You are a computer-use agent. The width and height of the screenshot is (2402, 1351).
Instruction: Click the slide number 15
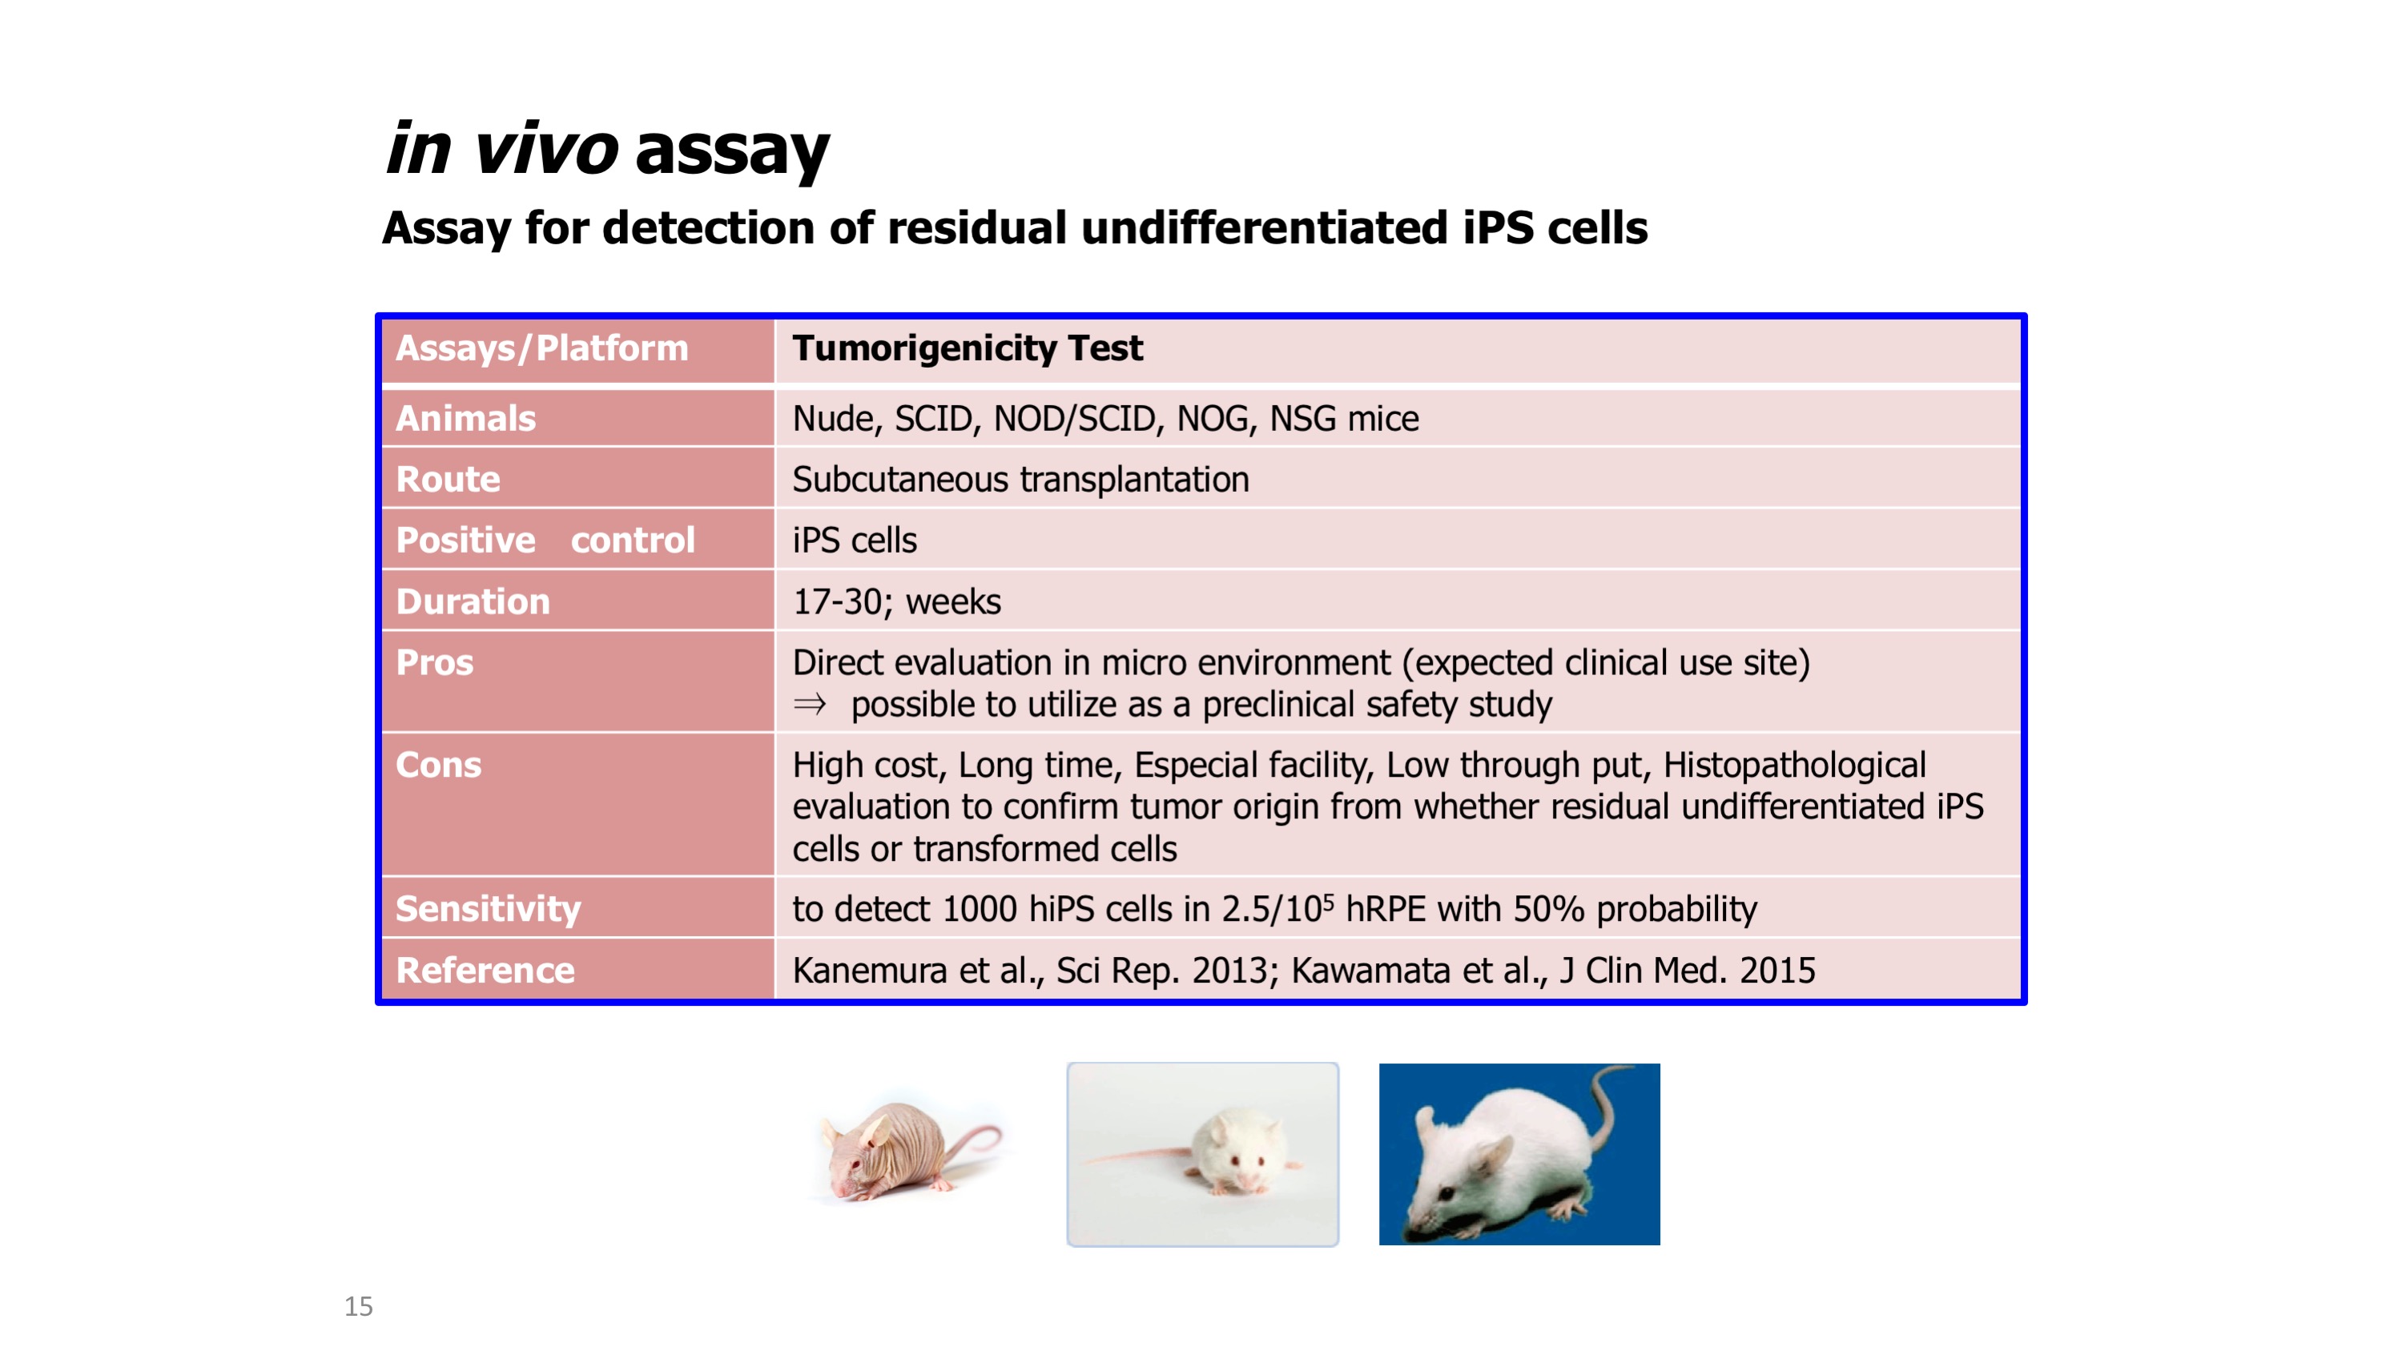(x=358, y=1306)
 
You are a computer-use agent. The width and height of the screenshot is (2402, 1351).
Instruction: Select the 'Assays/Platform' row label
(x=541, y=348)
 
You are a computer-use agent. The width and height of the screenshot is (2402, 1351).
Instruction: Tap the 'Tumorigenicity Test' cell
(x=967, y=348)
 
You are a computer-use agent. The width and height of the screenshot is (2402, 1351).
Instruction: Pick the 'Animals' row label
(x=466, y=419)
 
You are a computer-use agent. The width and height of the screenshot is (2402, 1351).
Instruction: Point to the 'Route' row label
(x=449, y=479)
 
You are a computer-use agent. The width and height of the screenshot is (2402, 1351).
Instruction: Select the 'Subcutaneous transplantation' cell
(x=1020, y=479)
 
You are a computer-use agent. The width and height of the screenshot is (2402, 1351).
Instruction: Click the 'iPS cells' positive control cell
(x=854, y=540)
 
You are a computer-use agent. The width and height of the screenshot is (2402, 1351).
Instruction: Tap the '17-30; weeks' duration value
(x=896, y=601)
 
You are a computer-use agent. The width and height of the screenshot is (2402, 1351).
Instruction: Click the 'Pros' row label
(x=435, y=662)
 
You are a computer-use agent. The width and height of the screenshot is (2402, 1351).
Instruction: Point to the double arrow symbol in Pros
(x=810, y=704)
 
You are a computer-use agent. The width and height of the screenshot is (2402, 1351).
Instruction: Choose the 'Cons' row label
(x=438, y=765)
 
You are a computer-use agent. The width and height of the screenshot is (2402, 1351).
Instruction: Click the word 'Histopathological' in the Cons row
(x=1794, y=766)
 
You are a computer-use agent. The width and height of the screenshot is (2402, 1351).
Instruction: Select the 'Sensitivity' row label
(x=488, y=909)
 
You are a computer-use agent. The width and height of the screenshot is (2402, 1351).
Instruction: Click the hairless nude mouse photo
(x=909, y=1148)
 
